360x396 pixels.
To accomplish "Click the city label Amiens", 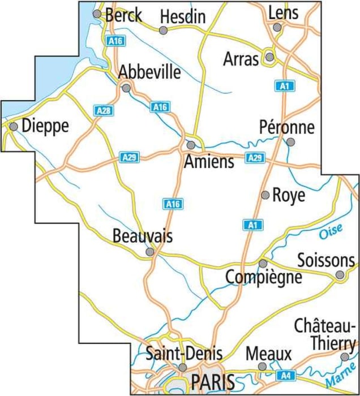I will coord(209,162).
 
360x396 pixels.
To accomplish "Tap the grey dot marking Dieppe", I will coord(14,126).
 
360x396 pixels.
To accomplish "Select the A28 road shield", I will coord(103,111).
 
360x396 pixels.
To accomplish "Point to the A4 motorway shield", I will coord(285,375).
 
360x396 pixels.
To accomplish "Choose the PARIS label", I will coord(212,382).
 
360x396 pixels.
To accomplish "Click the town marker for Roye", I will coord(265,195).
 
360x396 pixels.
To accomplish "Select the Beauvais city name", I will coord(142,235).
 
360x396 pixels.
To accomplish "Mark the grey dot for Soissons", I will coord(340,275).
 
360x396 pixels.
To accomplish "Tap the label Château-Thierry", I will coord(325,335).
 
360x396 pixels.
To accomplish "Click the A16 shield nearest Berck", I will coord(115,40).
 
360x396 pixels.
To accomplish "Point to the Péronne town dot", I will coord(290,142).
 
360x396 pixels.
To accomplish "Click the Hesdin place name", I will coord(182,17).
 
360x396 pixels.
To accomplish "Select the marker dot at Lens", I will coord(277,27).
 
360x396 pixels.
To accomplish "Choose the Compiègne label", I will coord(263,278).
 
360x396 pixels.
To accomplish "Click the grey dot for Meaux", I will coord(262,367).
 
